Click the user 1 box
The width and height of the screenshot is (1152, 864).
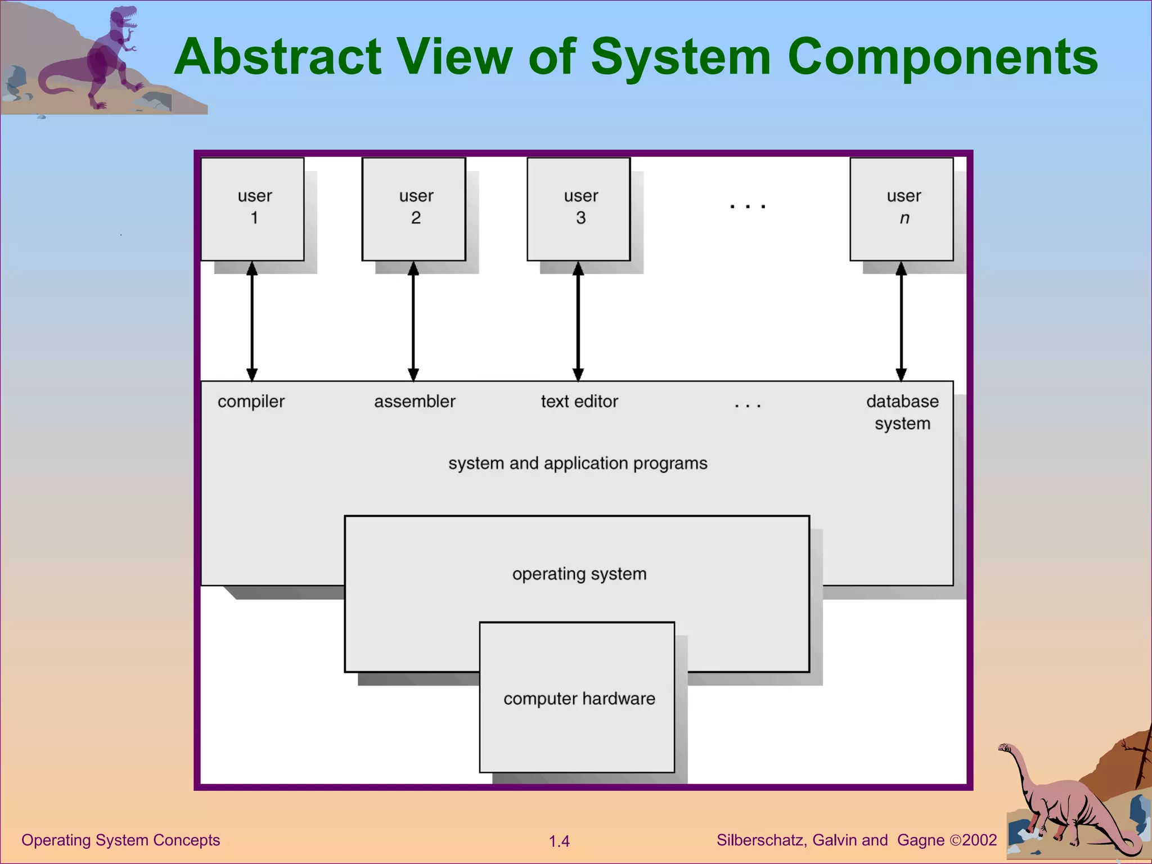[x=253, y=209]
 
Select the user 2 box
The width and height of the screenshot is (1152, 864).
[x=414, y=209]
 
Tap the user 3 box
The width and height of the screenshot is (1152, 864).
[x=579, y=209]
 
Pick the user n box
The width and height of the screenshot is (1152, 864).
[x=902, y=209]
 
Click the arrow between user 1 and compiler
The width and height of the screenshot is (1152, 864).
[x=252, y=321]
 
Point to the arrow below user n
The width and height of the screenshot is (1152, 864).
[x=901, y=321]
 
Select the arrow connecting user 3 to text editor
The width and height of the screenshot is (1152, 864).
[x=578, y=321]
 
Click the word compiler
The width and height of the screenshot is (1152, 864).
[x=251, y=402]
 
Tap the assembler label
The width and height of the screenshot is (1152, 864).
[x=415, y=402]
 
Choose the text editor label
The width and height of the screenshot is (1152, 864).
[x=579, y=402]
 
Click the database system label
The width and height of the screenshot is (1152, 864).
[x=902, y=412]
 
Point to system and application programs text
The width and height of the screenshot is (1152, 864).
[x=578, y=463]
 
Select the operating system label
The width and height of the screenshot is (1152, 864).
[x=579, y=574]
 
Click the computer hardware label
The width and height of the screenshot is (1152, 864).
[x=579, y=699]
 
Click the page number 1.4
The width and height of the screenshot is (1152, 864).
[x=559, y=841]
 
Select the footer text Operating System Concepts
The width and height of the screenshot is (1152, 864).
[x=120, y=840]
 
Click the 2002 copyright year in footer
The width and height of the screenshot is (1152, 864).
[x=979, y=840]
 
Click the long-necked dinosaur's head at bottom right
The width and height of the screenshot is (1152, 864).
[x=1005, y=748]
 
